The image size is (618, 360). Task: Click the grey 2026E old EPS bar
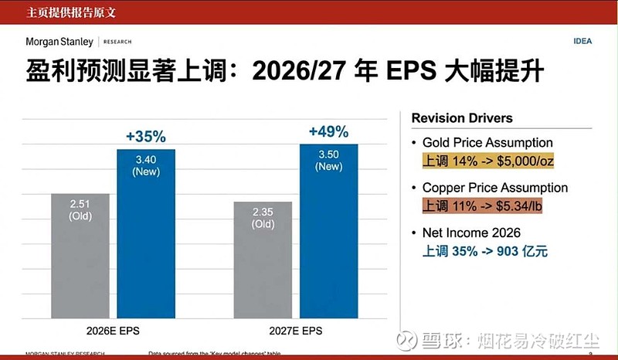[80, 255]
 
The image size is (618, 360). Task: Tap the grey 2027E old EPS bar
[263, 260]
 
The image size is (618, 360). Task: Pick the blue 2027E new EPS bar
[328, 231]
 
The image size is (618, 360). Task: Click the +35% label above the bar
[145, 137]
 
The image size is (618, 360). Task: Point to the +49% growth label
[328, 131]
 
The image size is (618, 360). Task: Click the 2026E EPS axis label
[113, 331]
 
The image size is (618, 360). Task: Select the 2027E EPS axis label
[296, 331]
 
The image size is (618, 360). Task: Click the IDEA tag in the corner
[582, 41]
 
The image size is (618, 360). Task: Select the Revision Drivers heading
[462, 118]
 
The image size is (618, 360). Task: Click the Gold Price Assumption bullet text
[487, 143]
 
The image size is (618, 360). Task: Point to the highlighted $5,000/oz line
[487, 161]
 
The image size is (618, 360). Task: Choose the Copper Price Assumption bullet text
[494, 188]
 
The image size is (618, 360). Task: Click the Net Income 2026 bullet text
[471, 233]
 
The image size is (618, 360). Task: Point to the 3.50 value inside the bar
[328, 154]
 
